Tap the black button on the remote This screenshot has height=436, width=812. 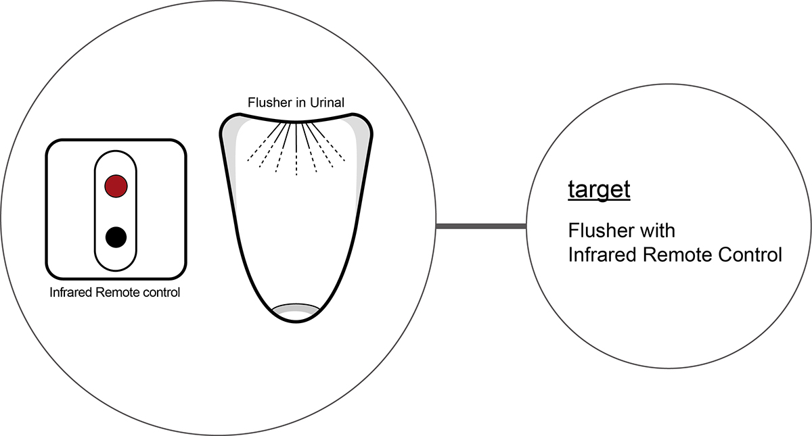pos(116,237)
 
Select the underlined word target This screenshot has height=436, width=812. pos(599,190)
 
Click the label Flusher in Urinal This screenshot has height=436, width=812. pos(296,103)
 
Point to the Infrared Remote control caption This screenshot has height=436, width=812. pos(115,293)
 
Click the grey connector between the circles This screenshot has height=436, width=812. pos(481,226)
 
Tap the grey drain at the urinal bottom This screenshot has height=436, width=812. pos(296,309)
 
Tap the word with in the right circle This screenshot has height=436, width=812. pos(656,231)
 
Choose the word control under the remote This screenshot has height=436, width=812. pos(163,293)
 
